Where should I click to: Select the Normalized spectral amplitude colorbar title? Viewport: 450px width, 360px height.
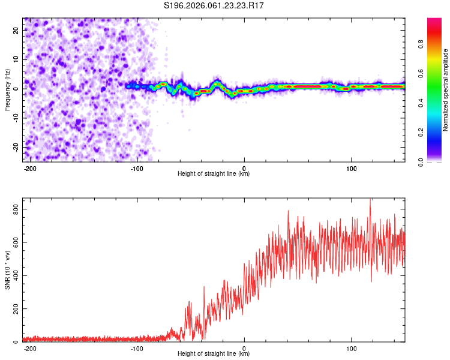pyautogui.click(x=446, y=90)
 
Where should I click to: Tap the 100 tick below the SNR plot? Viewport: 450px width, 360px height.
pyautogui.click(x=351, y=348)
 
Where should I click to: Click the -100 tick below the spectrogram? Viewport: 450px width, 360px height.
pyautogui.click(x=137, y=168)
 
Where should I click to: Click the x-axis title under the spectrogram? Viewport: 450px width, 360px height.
pyautogui.click(x=214, y=174)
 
